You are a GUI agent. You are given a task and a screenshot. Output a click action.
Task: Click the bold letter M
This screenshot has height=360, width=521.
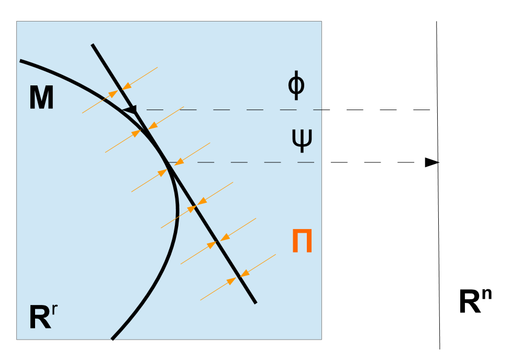[x=41, y=98]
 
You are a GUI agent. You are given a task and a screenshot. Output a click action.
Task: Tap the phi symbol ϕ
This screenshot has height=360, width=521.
[x=296, y=86]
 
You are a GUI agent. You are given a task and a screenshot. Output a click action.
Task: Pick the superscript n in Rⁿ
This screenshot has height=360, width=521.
[x=486, y=296]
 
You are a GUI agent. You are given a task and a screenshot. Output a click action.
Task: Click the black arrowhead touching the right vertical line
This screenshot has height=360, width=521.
[x=431, y=162]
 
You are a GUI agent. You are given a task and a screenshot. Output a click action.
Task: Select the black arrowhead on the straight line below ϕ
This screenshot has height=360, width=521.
[x=131, y=110]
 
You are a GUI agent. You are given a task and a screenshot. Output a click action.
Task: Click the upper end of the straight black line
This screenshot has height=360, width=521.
[x=93, y=45]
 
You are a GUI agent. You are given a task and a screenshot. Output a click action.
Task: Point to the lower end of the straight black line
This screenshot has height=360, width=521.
[x=256, y=302]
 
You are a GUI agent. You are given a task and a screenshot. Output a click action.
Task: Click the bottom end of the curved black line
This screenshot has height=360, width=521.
[x=113, y=339]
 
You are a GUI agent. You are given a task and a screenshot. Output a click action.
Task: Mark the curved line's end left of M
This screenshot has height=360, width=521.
[x=21, y=61]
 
